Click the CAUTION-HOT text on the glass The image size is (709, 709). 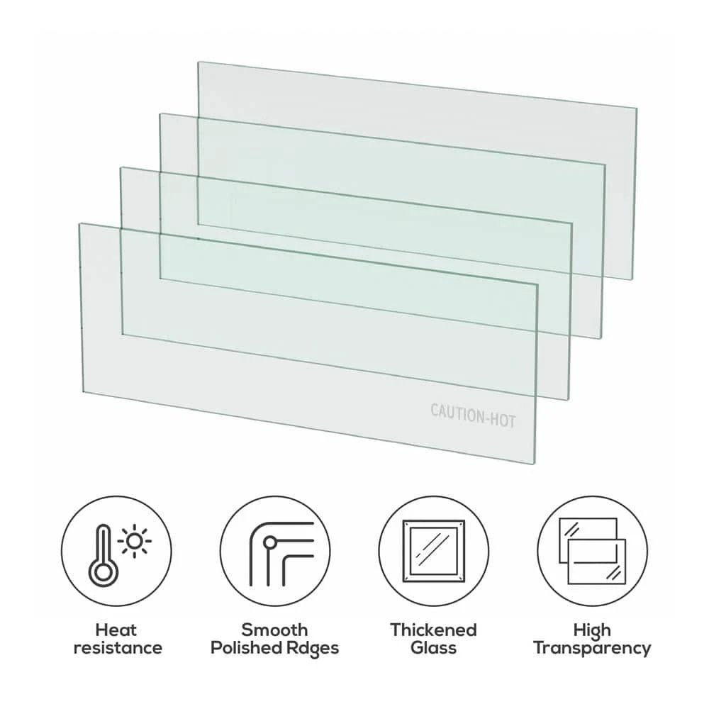(473, 415)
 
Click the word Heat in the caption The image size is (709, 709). (117, 630)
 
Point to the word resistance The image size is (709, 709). (117, 647)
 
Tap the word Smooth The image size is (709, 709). (275, 630)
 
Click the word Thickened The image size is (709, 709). (433, 630)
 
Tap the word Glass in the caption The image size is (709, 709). (433, 647)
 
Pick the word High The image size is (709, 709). (592, 630)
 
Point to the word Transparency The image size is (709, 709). (592, 647)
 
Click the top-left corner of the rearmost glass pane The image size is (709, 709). (199, 62)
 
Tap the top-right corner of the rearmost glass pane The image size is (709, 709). (635, 108)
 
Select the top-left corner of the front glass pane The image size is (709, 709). (80, 224)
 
